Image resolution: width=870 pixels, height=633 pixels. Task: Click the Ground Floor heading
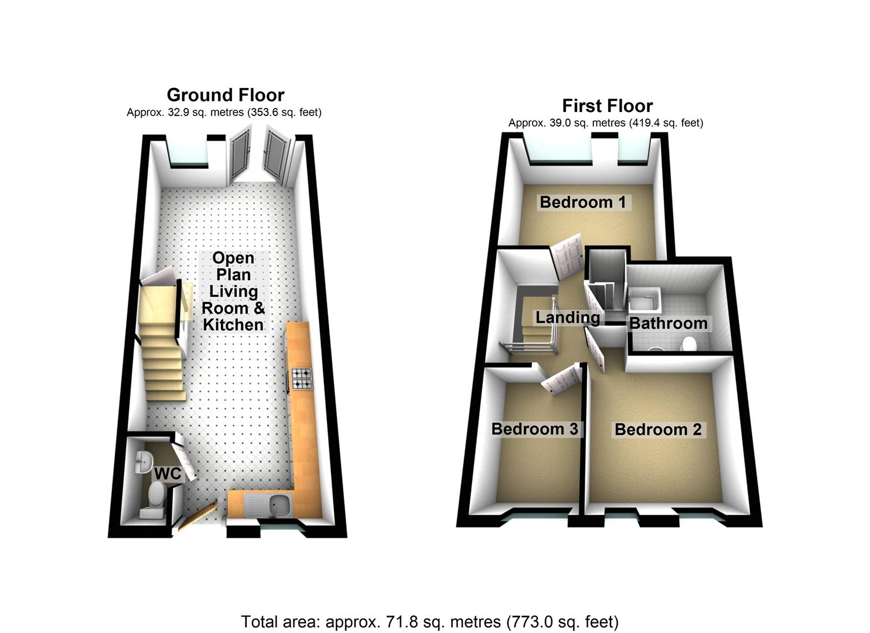pos(226,95)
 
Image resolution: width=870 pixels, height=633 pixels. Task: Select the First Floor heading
pos(607,106)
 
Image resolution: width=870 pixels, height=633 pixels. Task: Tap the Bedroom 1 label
pos(582,202)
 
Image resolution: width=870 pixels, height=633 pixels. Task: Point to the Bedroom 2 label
pos(657,430)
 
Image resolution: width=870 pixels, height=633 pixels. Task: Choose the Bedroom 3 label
pos(534,429)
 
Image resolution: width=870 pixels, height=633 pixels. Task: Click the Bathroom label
pos(668,324)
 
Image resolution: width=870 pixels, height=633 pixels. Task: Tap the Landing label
pos(568,318)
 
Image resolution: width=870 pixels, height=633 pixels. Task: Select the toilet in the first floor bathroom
pos(689,343)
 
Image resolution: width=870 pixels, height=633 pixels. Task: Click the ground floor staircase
pos(162,352)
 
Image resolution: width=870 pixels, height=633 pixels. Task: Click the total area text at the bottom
pos(429,621)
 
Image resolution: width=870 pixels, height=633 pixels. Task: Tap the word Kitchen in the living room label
pos(233,325)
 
